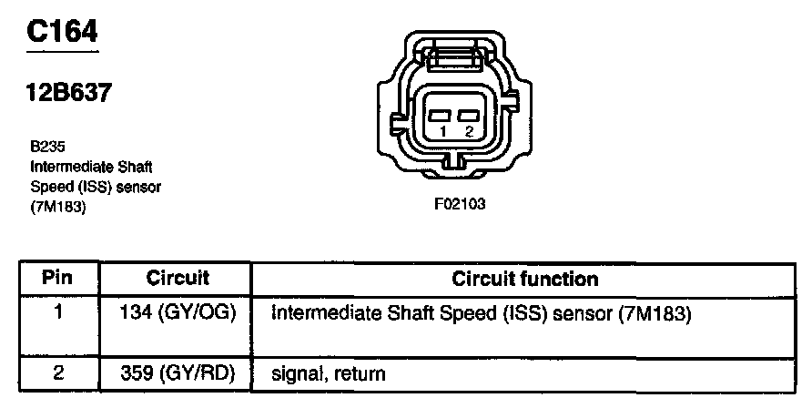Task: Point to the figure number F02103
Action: [x=460, y=204]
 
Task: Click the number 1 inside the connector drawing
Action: [x=441, y=132]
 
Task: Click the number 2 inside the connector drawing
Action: [x=470, y=132]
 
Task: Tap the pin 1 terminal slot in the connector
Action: [x=442, y=116]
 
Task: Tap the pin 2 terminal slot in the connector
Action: [x=470, y=116]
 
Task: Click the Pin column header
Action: [x=57, y=279]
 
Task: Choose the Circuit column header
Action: [x=177, y=279]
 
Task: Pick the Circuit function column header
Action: [x=525, y=279]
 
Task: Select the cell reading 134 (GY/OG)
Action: [x=178, y=314]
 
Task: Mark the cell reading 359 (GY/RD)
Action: [x=178, y=372]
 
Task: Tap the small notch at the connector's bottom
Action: [x=455, y=164]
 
